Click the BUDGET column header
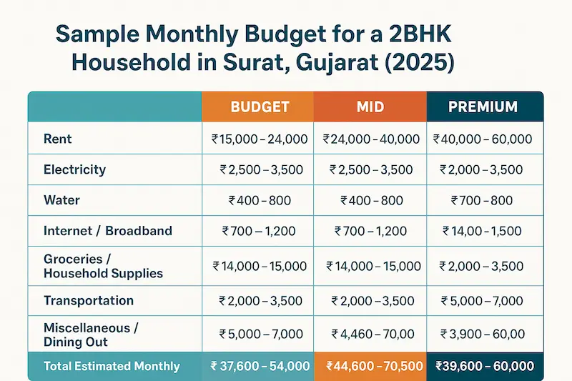(x=260, y=107)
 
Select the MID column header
(x=370, y=107)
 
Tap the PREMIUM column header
(x=483, y=107)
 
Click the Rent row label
(x=57, y=139)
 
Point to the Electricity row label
(x=74, y=169)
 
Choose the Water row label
(x=61, y=200)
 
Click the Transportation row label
(x=89, y=300)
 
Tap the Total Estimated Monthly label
(x=112, y=366)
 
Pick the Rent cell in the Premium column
(x=483, y=139)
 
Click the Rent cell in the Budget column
(x=260, y=139)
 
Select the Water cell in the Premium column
(x=483, y=200)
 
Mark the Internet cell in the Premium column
(x=483, y=231)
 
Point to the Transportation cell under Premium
(x=483, y=300)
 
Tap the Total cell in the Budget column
(x=260, y=366)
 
